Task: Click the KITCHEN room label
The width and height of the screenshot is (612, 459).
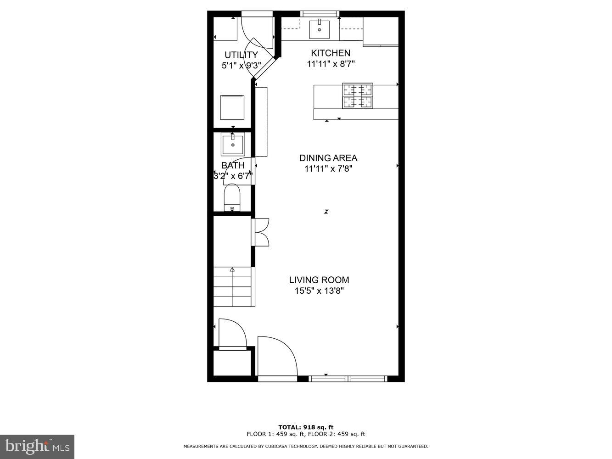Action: pos(330,53)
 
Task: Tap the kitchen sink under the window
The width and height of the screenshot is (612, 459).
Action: pos(319,30)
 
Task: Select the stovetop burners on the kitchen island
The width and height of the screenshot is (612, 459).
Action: pos(357,96)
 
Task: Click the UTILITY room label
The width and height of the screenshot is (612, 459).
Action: pos(241,55)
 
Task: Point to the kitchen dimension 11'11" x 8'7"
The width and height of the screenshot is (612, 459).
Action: pos(330,64)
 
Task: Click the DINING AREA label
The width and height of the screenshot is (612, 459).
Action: pos(328,158)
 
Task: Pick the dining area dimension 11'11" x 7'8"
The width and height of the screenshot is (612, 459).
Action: pos(328,169)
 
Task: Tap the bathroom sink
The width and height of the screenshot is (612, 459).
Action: pos(233,144)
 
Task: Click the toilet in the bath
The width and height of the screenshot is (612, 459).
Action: pos(232,197)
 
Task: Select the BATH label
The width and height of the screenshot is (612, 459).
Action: pos(233,165)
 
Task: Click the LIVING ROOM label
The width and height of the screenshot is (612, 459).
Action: pos(319,280)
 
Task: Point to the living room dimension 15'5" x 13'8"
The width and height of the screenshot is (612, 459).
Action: pos(319,291)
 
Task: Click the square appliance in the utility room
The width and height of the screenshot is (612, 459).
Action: pos(232,107)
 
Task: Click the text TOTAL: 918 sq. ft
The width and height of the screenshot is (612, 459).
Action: pos(306,427)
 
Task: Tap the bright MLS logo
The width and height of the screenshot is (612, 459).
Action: pos(37,447)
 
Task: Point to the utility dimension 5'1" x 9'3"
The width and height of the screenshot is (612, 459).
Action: pos(241,66)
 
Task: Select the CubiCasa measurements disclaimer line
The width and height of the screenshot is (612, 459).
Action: pos(306,446)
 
